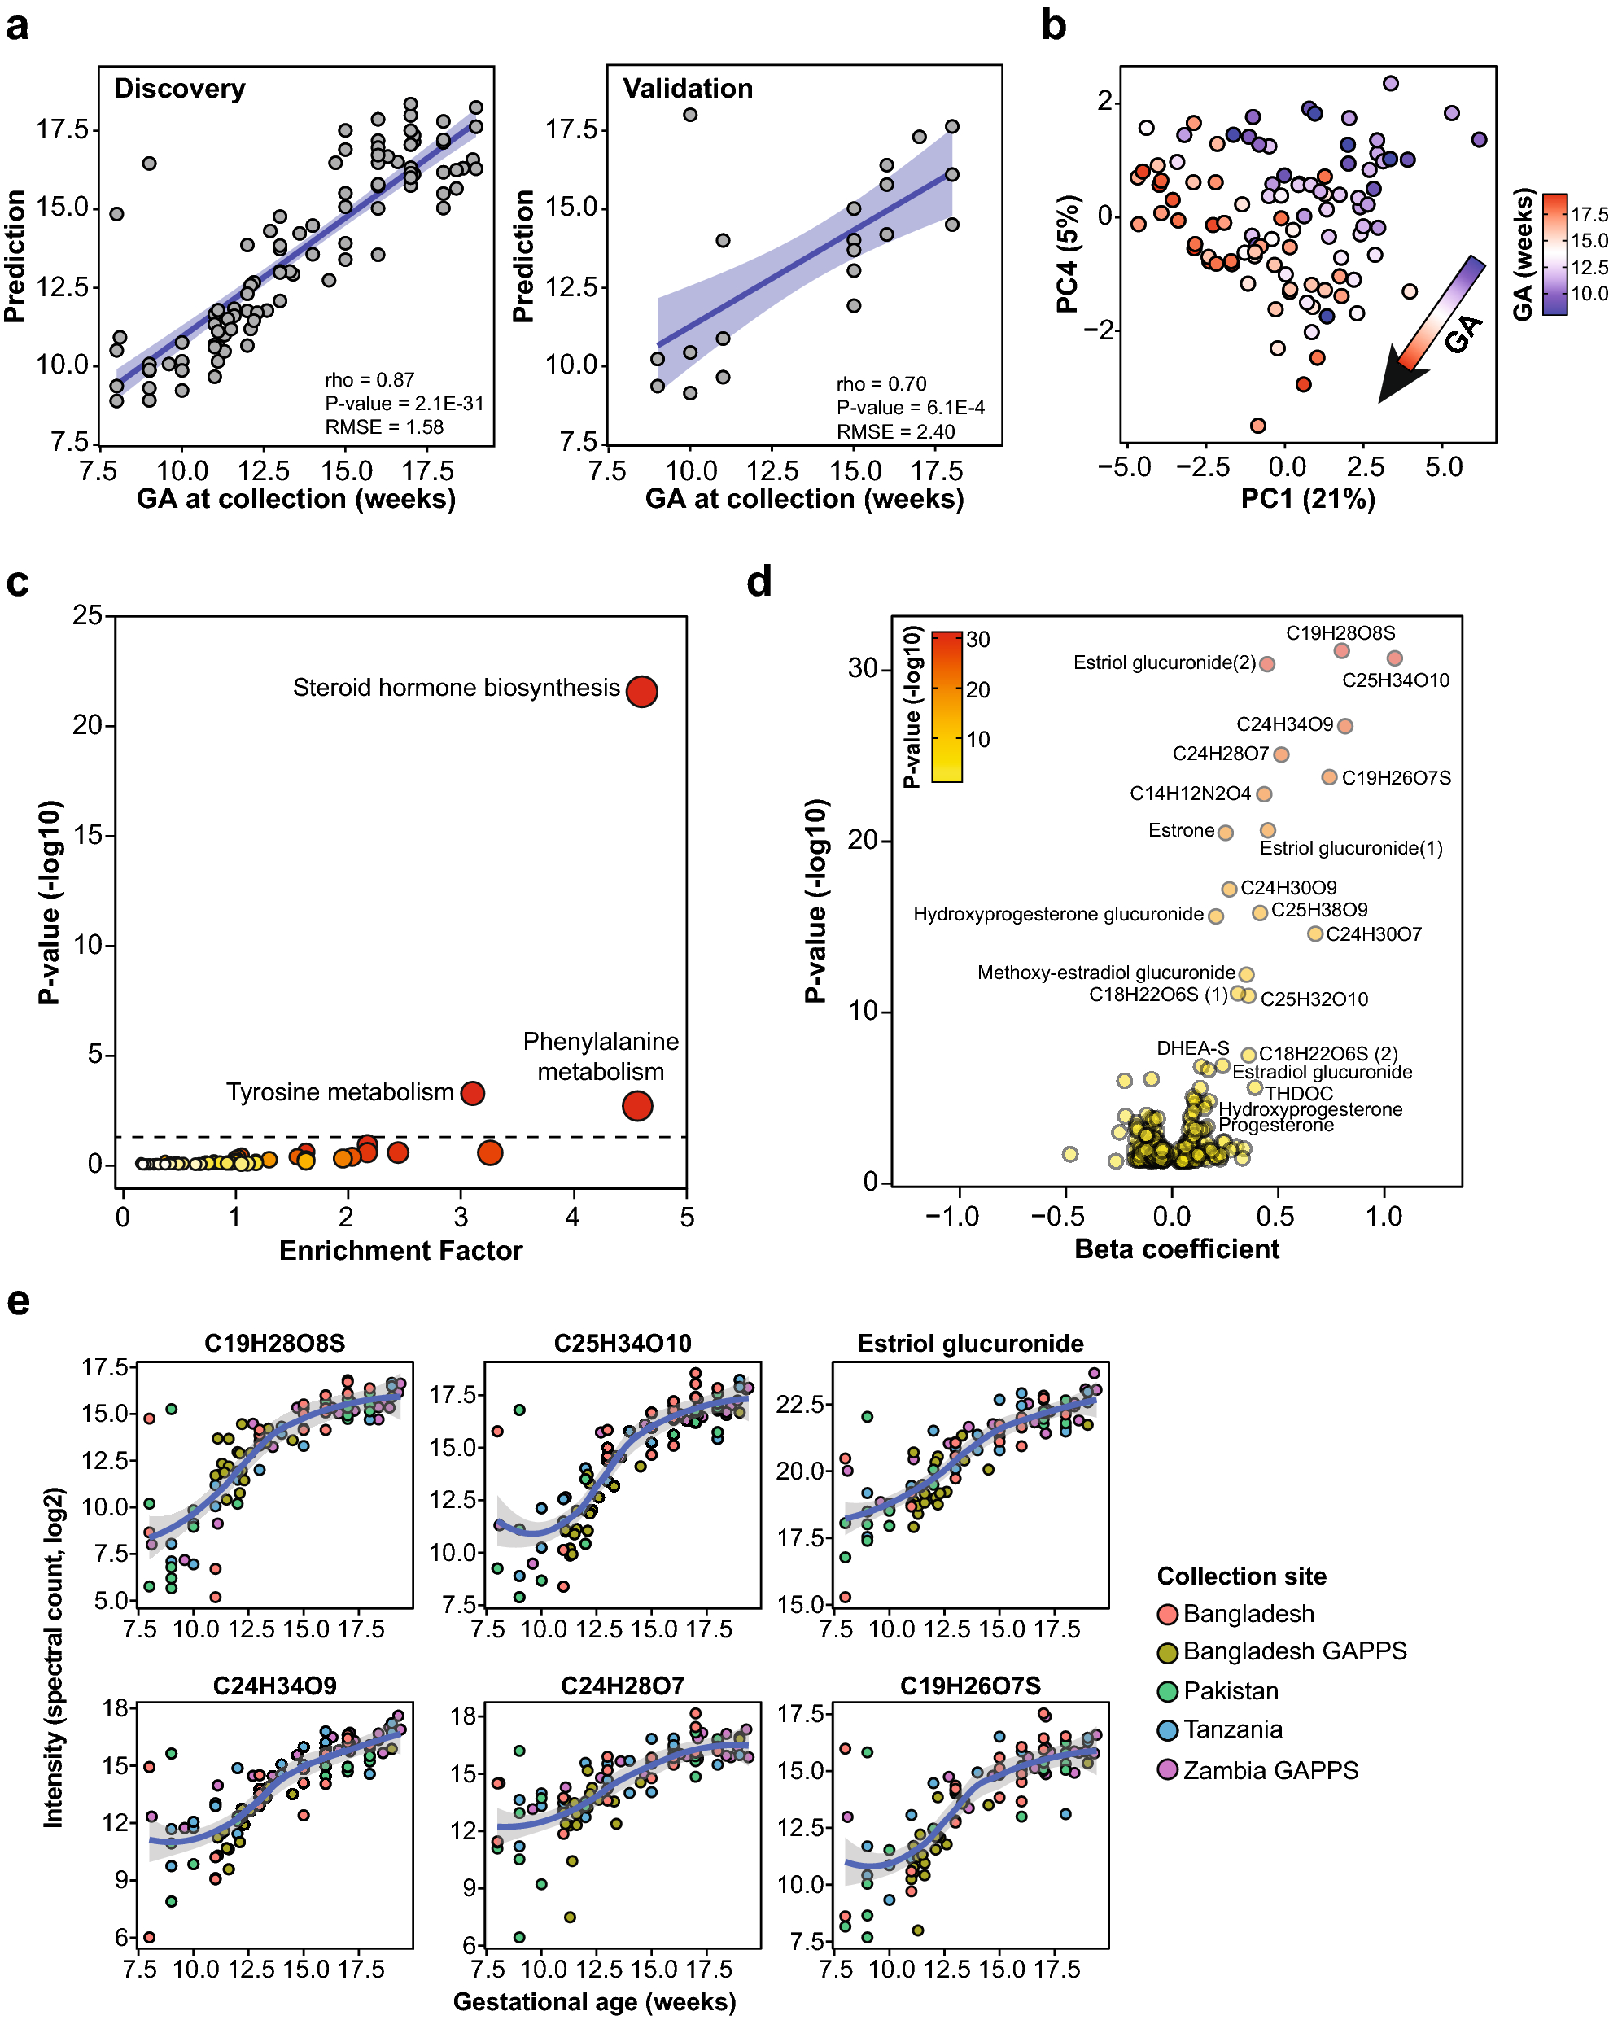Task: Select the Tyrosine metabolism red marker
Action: [472, 1092]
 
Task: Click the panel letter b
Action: [1053, 25]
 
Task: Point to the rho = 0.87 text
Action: [369, 379]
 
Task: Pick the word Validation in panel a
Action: [687, 88]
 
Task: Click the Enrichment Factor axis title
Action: [400, 1250]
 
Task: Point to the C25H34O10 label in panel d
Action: [1394, 680]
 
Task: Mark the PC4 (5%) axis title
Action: [1067, 253]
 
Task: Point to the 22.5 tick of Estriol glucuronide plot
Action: [800, 1404]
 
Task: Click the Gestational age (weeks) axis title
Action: [594, 2001]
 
